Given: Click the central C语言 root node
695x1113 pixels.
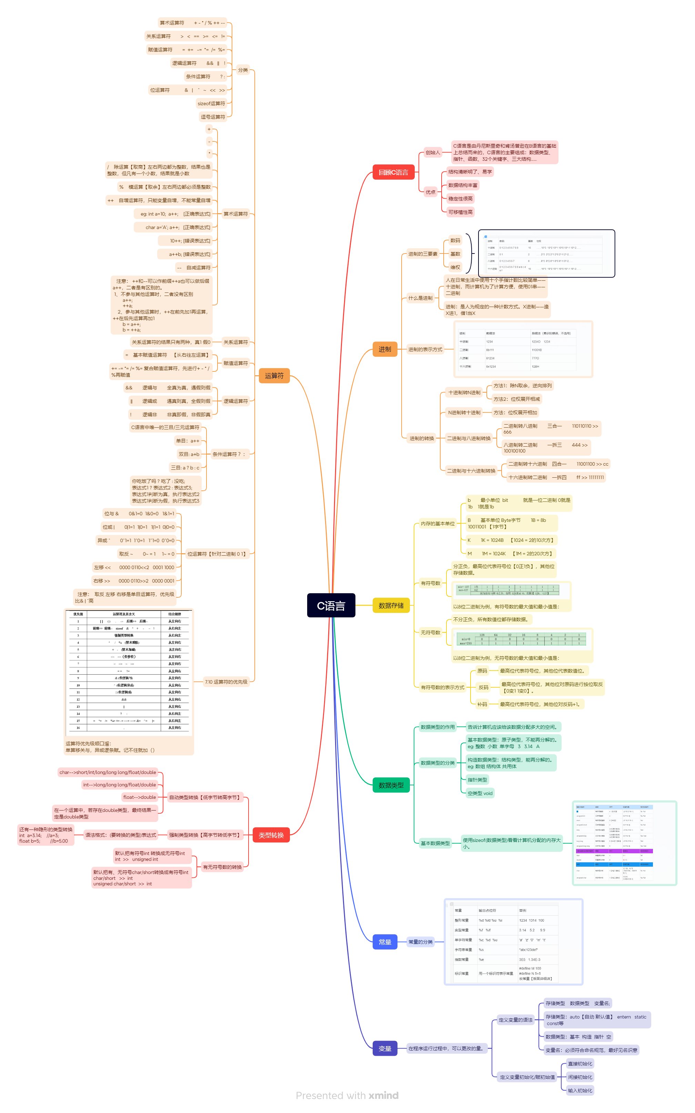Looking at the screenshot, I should point(331,605).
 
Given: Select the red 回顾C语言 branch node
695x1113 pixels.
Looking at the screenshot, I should point(393,172).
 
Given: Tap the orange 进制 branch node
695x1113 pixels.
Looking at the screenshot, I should point(385,349).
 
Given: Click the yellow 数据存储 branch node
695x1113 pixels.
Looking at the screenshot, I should point(391,605).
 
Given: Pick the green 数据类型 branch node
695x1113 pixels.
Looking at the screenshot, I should point(391,785).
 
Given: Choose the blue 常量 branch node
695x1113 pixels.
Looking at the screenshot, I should point(385,942).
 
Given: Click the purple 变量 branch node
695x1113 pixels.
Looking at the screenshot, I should point(385,1049).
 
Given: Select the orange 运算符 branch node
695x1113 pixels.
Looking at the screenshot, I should point(274,376).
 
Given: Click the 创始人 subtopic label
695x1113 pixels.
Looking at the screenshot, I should point(433,153).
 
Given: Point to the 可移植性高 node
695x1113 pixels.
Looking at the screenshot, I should point(460,212).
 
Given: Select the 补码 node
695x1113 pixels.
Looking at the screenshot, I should point(482,704).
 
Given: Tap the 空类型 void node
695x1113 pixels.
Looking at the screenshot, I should point(480,793).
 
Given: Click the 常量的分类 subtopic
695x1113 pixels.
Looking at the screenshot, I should point(421,942).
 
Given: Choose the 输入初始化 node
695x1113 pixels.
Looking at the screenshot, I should point(580,1091).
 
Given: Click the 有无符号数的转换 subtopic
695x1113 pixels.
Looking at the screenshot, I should point(222,867).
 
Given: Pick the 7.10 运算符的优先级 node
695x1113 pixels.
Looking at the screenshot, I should point(226,682).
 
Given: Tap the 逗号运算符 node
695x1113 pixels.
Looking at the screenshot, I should point(213,117).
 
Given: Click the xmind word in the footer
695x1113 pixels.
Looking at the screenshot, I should point(383,1095).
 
